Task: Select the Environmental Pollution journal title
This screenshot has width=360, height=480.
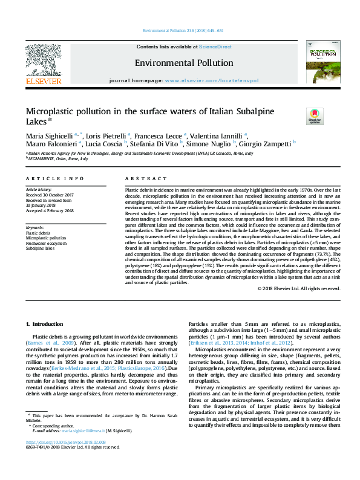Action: click(x=184, y=63)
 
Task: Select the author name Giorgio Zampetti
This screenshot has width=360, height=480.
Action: click(x=270, y=144)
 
